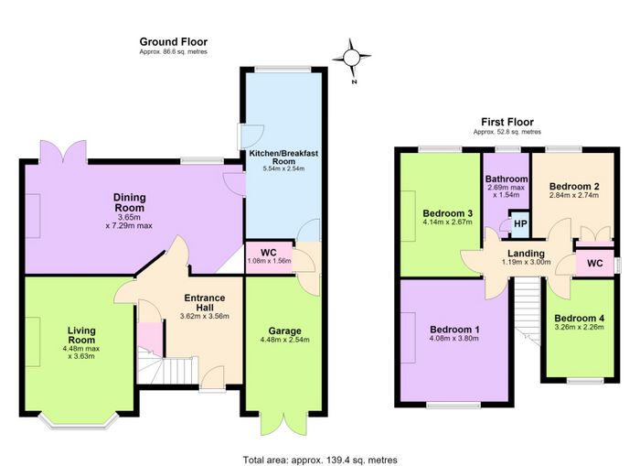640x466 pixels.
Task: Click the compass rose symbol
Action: click(x=351, y=59)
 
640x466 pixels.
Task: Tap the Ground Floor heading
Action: click(x=174, y=42)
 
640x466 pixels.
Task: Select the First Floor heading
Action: click(x=507, y=122)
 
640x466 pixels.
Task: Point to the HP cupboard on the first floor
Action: click(x=520, y=224)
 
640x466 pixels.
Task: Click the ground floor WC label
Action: click(x=269, y=253)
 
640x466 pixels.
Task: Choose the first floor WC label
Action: click(x=594, y=264)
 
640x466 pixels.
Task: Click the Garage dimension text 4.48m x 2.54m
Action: click(x=285, y=340)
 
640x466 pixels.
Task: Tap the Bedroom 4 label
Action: click(x=579, y=318)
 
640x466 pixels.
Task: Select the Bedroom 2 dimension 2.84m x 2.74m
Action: click(x=574, y=195)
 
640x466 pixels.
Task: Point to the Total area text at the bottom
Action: click(x=320, y=460)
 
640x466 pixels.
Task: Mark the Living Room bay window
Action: click(x=79, y=421)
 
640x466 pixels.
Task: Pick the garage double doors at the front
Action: click(x=284, y=423)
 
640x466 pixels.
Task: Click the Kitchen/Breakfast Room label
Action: click(x=283, y=157)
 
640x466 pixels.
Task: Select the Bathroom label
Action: click(x=507, y=179)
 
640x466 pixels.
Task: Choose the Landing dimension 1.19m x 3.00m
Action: click(x=526, y=262)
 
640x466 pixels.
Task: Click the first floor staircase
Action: click(x=527, y=310)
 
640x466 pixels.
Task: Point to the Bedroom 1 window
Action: click(x=453, y=405)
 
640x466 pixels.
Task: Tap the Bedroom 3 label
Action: click(x=447, y=213)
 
